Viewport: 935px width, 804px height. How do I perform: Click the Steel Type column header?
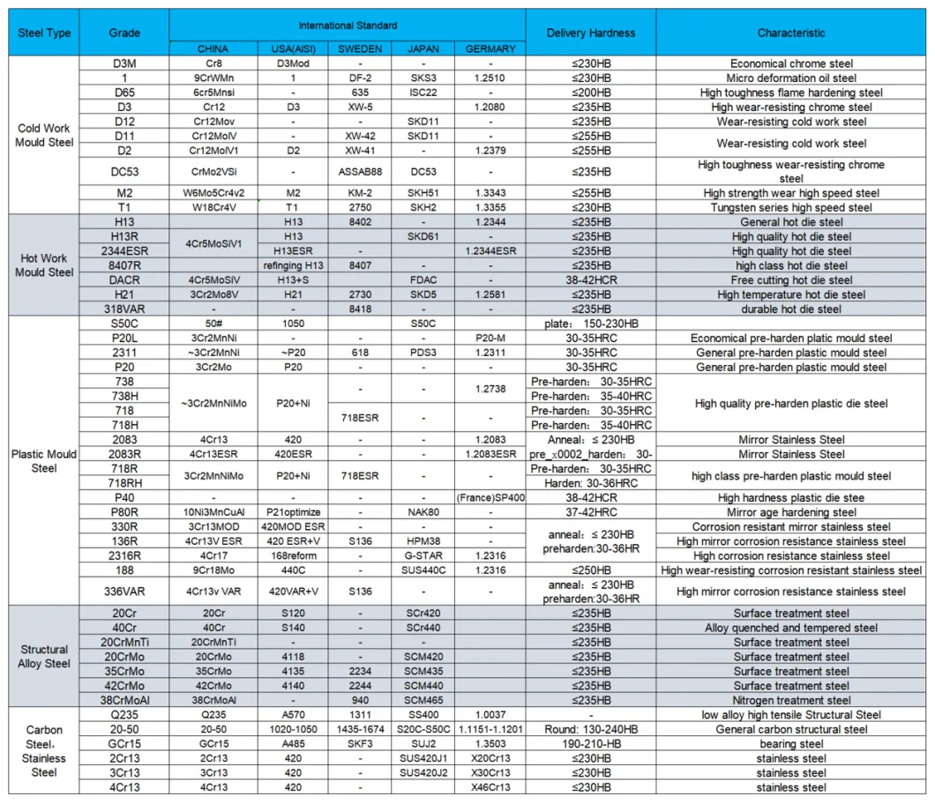tap(44, 33)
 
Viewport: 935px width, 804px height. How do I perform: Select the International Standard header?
tap(348, 26)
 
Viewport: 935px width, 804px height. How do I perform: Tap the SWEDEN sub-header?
tap(360, 49)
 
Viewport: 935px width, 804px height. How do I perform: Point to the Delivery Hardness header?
tap(590, 33)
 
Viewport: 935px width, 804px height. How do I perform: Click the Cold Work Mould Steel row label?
tap(44, 135)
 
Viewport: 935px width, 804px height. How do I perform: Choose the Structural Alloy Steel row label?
tap(44, 657)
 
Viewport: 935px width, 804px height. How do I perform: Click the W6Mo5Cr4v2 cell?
tap(213, 193)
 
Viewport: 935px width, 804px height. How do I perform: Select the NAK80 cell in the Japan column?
tap(423, 512)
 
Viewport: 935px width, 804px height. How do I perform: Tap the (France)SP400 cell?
tap(490, 498)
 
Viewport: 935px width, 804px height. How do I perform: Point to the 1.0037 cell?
tap(490, 715)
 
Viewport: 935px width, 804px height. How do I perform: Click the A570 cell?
tap(293, 715)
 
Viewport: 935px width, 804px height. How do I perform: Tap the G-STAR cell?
tap(423, 556)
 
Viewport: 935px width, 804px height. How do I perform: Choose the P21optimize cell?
tap(293, 512)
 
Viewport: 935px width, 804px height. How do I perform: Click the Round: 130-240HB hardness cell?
tap(590, 730)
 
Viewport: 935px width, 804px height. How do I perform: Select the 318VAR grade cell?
tap(124, 309)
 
